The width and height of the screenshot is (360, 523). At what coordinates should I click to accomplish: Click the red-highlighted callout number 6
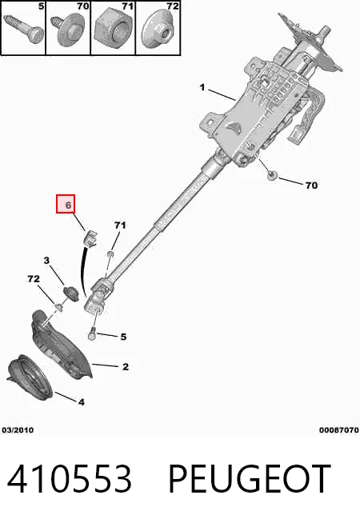[x=68, y=205]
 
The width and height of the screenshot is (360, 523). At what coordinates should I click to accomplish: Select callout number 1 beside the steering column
[x=202, y=87]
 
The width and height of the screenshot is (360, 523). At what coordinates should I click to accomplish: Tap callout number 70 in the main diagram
[x=312, y=186]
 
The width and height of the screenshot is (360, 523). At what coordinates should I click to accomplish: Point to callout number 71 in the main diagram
[x=120, y=226]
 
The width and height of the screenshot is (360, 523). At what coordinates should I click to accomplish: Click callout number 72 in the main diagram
[x=34, y=278]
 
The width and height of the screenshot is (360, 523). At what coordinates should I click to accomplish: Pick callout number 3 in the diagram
[x=46, y=260]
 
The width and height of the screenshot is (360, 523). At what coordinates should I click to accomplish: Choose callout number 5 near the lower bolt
[x=123, y=337]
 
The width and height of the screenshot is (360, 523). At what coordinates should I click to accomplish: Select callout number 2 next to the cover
[x=126, y=367]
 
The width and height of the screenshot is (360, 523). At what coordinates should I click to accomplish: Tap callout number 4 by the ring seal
[x=82, y=402]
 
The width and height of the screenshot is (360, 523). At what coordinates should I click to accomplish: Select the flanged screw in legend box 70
[x=68, y=30]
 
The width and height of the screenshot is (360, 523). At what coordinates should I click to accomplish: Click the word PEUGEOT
[x=250, y=479]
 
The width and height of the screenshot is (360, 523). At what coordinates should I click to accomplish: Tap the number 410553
[x=69, y=479]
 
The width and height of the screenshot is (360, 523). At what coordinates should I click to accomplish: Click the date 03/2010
[x=18, y=430]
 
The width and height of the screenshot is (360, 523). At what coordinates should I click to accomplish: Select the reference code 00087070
[x=339, y=430]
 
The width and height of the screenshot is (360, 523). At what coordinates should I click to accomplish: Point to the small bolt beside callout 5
[x=93, y=334]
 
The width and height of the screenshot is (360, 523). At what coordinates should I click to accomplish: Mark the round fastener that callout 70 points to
[x=273, y=175]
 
